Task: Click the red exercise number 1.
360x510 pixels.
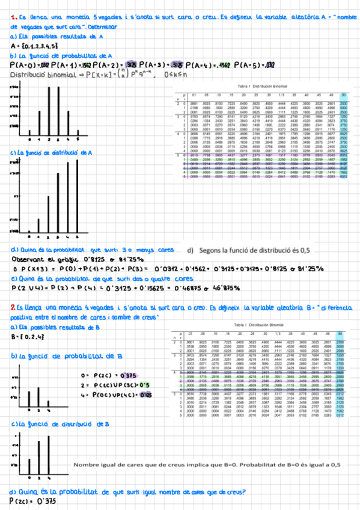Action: point(13,19)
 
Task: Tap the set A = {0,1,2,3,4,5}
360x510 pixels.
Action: point(34,46)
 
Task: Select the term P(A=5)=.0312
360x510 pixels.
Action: point(323,65)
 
